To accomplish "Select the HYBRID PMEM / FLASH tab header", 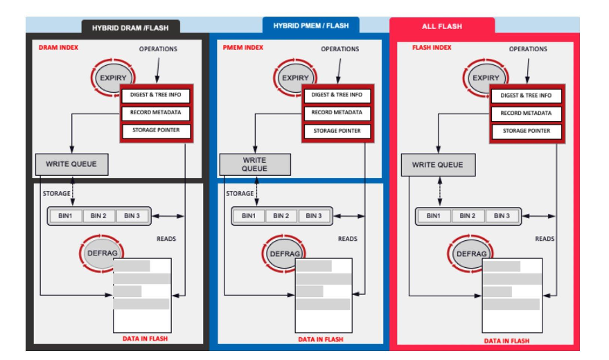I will pyautogui.click(x=310, y=26).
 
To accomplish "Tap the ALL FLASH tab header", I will pyautogui.click(x=442, y=26).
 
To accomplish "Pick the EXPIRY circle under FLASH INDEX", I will pyautogui.click(x=486, y=78).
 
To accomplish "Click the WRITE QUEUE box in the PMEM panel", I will pyautogui.click(x=254, y=164).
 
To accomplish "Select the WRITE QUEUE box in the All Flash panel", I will pyautogui.click(x=438, y=165).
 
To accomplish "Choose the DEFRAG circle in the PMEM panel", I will pyautogui.click(x=284, y=254).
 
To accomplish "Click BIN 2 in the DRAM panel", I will pyautogui.click(x=99, y=216).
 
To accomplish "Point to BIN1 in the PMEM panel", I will pyautogui.click(x=248, y=216).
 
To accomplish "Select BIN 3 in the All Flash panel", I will pyautogui.click(x=501, y=216).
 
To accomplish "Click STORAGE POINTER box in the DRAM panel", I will pyautogui.click(x=155, y=130).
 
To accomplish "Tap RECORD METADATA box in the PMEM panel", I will pyautogui.click(x=337, y=112).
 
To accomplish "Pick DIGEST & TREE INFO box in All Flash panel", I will pyautogui.click(x=526, y=96).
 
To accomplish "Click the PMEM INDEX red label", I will pyautogui.click(x=243, y=48).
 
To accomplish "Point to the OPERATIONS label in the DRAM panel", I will pyautogui.click(x=158, y=49).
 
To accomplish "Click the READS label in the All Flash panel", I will pyautogui.click(x=545, y=239).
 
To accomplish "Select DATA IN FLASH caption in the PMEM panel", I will pyautogui.click(x=320, y=339).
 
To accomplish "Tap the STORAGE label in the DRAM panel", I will pyautogui.click(x=57, y=193).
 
